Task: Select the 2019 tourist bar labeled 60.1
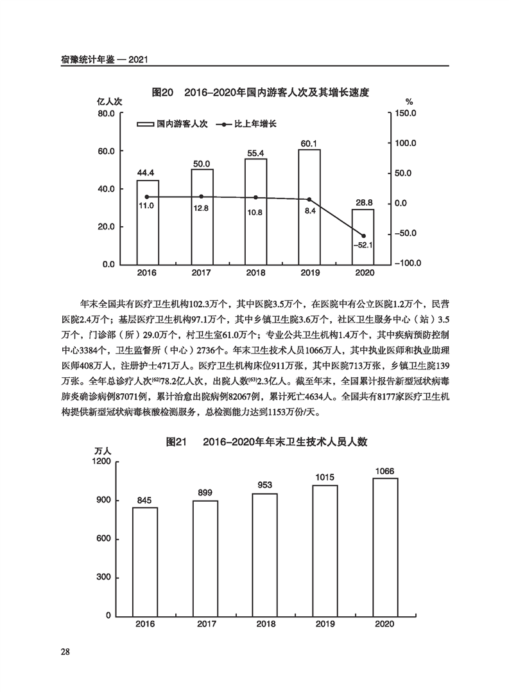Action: point(309,206)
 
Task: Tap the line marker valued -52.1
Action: point(363,236)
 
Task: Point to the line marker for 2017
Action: point(202,197)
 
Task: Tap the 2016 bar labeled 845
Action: point(145,562)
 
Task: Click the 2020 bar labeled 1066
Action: point(385,547)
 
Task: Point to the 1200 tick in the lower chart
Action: point(101,461)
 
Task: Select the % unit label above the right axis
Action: point(409,102)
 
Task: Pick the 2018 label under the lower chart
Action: point(266,625)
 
